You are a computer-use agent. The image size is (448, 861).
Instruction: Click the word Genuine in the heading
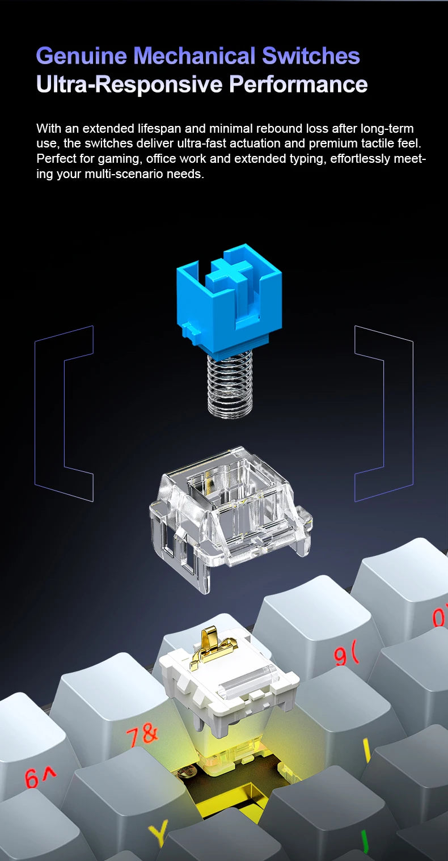(x=82, y=56)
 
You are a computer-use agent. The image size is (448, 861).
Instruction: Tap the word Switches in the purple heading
(x=311, y=56)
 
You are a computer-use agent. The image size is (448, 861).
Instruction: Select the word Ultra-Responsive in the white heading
(x=129, y=84)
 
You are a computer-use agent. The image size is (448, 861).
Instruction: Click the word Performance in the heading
(x=298, y=84)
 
